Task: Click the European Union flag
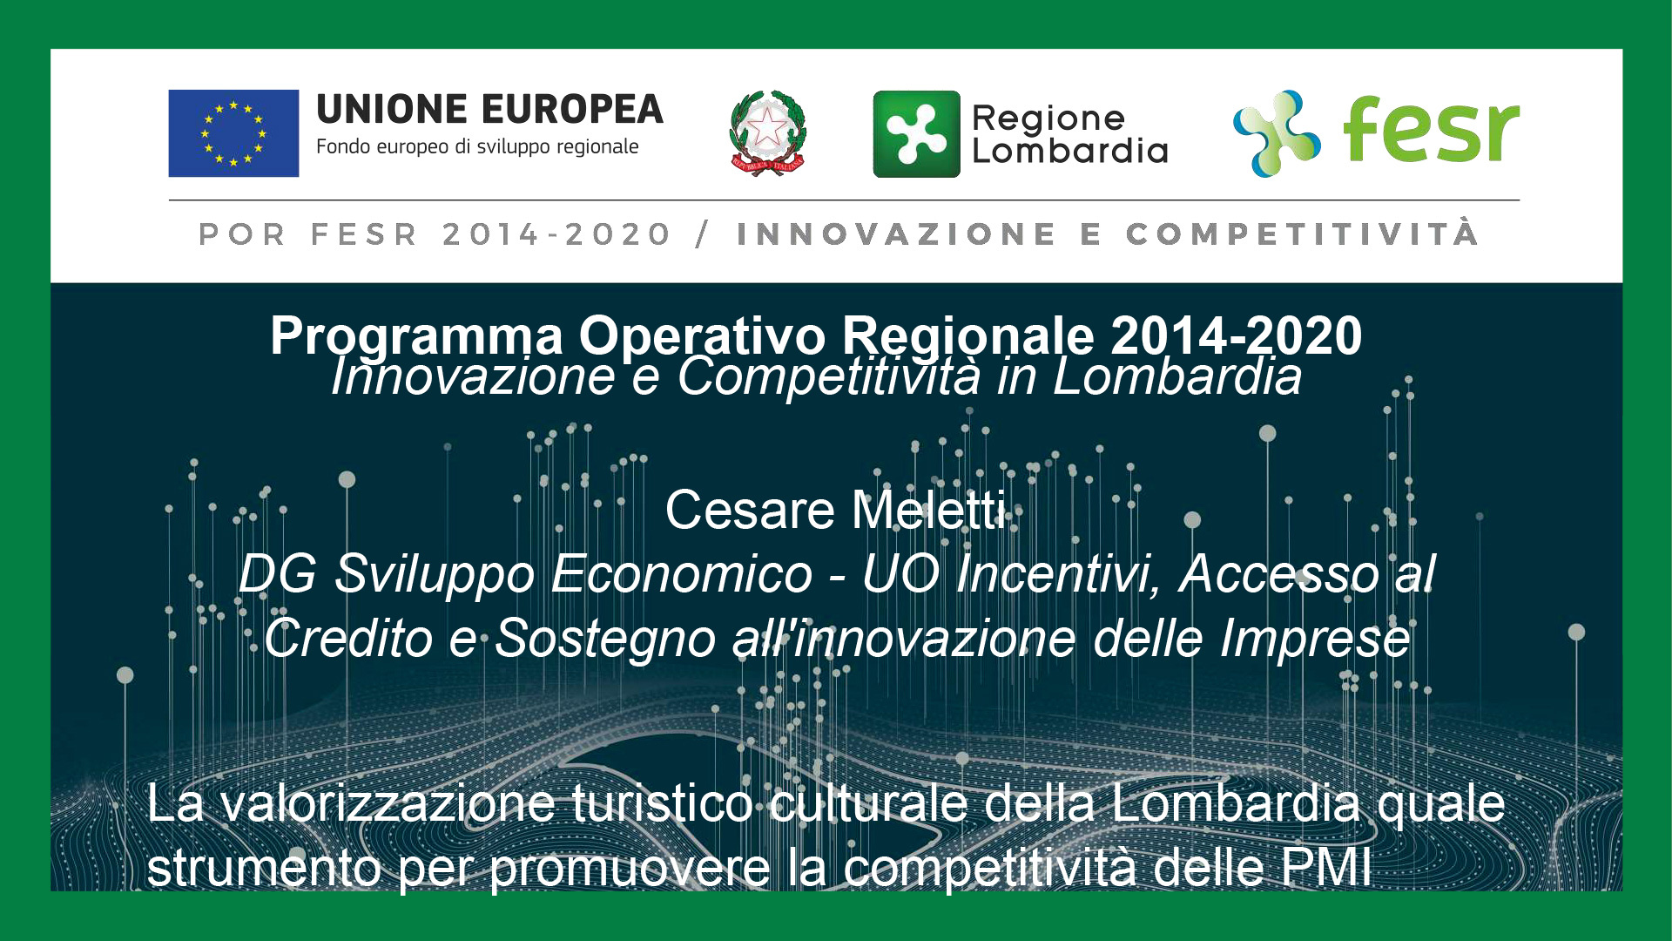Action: point(233,133)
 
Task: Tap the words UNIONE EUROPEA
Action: point(489,110)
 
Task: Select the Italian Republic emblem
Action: point(767,133)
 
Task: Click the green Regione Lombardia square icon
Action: point(916,134)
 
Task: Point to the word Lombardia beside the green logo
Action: point(1069,151)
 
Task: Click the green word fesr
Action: point(1432,129)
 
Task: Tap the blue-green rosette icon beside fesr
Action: point(1277,133)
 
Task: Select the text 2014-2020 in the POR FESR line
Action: point(556,234)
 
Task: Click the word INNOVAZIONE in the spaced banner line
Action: point(896,234)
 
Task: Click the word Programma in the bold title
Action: point(416,337)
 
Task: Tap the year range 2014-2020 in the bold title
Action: point(1237,335)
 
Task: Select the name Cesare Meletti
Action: point(836,510)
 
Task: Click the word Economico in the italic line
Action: point(682,574)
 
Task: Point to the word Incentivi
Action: point(1058,575)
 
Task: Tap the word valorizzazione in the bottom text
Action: point(388,803)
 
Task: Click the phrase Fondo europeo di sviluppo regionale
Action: point(477,147)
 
